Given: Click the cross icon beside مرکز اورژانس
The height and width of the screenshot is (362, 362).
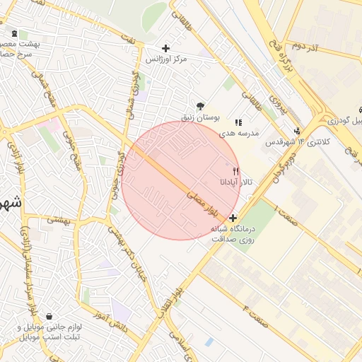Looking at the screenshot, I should pos(166,48).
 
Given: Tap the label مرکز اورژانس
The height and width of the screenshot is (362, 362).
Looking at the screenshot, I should pos(166,59).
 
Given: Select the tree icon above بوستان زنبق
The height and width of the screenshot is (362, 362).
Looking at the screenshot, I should pos(201,106).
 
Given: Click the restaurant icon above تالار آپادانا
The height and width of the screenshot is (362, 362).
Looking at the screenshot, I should pos(235,171).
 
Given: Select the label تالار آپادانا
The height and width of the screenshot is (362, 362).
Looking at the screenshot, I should pos(236,182).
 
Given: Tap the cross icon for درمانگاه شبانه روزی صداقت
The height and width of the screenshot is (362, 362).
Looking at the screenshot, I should pos(233,218).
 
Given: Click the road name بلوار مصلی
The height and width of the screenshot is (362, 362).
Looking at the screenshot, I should pos(203,202).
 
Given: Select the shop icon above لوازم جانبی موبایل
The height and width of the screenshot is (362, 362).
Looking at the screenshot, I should pos(49,316).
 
